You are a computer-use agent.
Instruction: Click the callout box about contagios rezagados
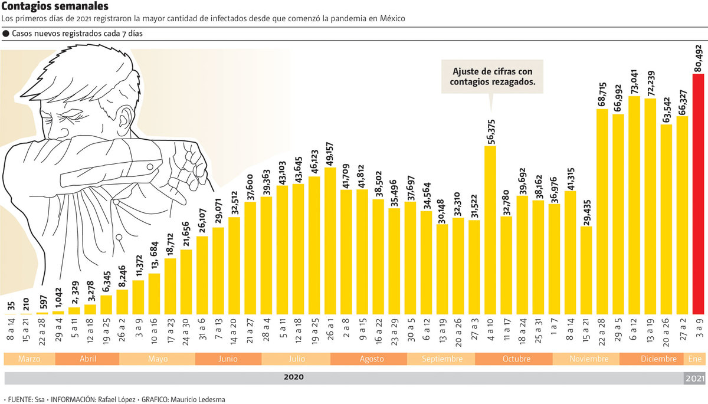(492, 77)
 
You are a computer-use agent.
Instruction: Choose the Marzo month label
(29, 359)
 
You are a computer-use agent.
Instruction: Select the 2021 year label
(694, 378)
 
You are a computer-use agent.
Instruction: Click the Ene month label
(694, 359)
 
